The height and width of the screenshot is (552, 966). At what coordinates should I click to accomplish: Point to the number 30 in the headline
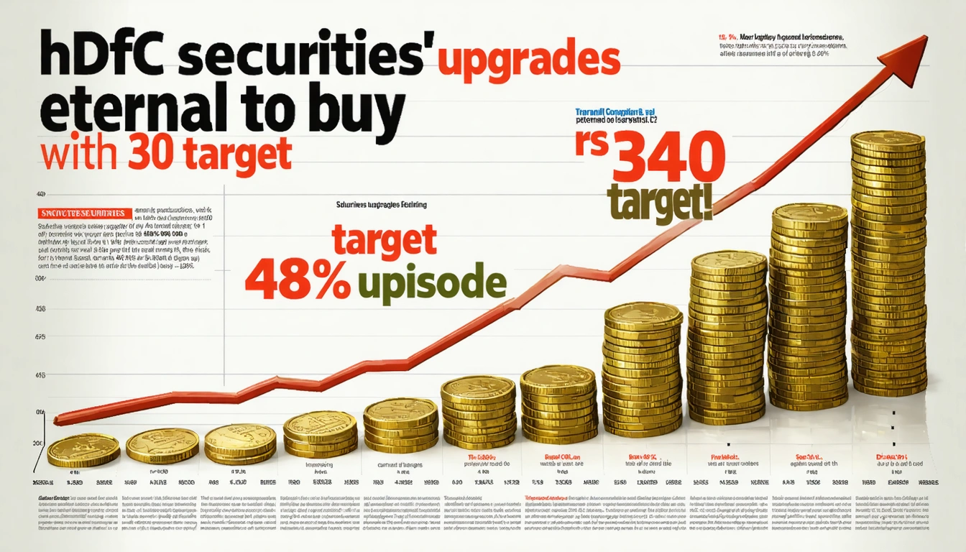tap(155, 153)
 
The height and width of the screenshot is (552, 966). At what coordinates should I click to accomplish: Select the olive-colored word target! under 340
tap(660, 203)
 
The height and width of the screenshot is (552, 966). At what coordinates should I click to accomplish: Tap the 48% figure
tap(297, 280)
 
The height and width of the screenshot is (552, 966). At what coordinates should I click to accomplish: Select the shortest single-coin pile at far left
tap(83, 451)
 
